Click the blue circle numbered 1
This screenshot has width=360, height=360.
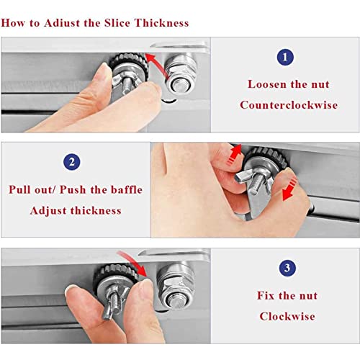pyautogui.click(x=285, y=57)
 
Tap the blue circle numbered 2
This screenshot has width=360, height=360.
pyautogui.click(x=72, y=162)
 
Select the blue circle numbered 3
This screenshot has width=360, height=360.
pyautogui.click(x=287, y=268)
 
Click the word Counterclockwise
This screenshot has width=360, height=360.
pyautogui.click(x=289, y=105)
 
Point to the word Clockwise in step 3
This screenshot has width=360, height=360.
pyautogui.click(x=287, y=316)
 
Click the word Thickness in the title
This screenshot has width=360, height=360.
pyautogui.click(x=161, y=23)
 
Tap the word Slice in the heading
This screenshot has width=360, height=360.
pyautogui.click(x=117, y=23)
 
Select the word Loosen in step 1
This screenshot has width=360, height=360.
pyautogui.click(x=267, y=84)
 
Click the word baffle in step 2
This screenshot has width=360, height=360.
pyautogui.click(x=127, y=189)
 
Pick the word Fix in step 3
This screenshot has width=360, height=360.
pyautogui.click(x=266, y=295)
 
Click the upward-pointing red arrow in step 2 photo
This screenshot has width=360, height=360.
pyautogui.click(x=234, y=154)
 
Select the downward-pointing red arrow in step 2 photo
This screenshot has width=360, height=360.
pyautogui.click(x=290, y=189)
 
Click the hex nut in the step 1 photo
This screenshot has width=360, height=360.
pyautogui.click(x=181, y=74)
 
